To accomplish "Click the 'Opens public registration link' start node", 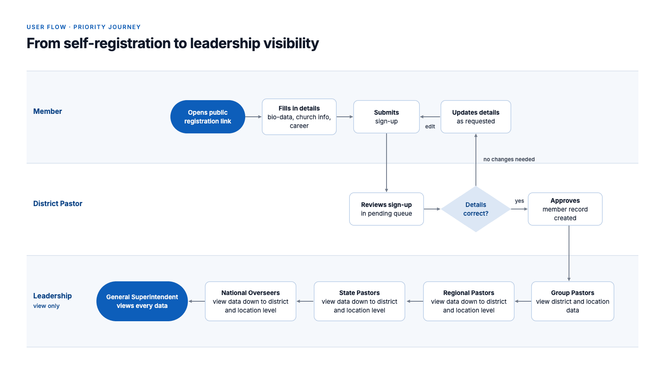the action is (x=207, y=117).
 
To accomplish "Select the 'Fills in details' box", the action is (x=299, y=117).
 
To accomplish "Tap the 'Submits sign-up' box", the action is (x=386, y=117).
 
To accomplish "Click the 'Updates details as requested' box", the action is (x=475, y=117).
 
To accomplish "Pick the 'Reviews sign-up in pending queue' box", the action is (x=386, y=209).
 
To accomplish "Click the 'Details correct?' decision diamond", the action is (x=475, y=209).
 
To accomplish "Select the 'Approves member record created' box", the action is (x=565, y=209).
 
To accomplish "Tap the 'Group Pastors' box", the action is (x=572, y=301).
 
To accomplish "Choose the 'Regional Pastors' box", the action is (x=468, y=301).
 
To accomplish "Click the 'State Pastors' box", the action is (x=359, y=301).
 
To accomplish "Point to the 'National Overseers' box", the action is (x=250, y=301).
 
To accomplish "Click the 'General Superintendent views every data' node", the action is (x=142, y=301).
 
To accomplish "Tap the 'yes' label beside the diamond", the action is (x=519, y=201).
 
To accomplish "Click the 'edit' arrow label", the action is (x=430, y=126).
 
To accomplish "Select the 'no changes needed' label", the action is (x=509, y=160).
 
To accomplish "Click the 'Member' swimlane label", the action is (x=47, y=111).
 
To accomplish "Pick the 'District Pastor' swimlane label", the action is (x=58, y=204).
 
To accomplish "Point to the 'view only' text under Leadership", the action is (x=46, y=306).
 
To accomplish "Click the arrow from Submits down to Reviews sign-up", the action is (x=386, y=162).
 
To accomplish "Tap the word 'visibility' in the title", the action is (x=291, y=43).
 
